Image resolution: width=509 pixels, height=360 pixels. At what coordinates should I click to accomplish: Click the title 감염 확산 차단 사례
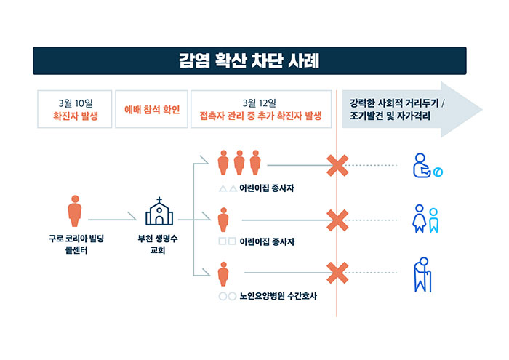pyautogui.click(x=249, y=60)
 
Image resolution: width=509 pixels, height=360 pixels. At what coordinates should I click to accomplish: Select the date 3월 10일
pyautogui.click(x=76, y=103)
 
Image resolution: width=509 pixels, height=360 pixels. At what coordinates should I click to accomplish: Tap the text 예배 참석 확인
pyautogui.click(x=152, y=110)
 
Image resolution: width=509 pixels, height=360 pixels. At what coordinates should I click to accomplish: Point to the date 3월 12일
pyautogui.click(x=260, y=103)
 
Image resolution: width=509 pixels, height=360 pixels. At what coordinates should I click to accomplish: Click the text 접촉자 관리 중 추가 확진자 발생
pyautogui.click(x=260, y=116)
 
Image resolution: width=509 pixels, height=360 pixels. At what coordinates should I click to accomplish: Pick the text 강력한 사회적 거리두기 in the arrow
pyautogui.click(x=394, y=103)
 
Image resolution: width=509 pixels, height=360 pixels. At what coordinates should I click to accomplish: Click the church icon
pyautogui.click(x=159, y=211)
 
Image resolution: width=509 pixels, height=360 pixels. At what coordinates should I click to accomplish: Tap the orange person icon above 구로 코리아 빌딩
pyautogui.click(x=75, y=211)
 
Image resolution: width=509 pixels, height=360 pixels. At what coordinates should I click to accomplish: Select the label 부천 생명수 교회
pyautogui.click(x=158, y=244)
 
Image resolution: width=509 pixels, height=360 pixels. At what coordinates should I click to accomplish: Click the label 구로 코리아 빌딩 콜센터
pyautogui.click(x=76, y=244)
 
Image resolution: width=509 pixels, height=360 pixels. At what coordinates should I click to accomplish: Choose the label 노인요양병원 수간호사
pyautogui.click(x=278, y=296)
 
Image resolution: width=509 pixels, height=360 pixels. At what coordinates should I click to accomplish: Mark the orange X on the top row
pyautogui.click(x=337, y=166)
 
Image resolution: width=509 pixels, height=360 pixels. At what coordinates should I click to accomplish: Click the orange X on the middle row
pyautogui.click(x=337, y=220)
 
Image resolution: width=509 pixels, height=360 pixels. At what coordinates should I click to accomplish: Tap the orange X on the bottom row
pyautogui.click(x=337, y=273)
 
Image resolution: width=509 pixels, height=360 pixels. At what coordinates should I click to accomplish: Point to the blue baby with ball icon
pyautogui.click(x=428, y=166)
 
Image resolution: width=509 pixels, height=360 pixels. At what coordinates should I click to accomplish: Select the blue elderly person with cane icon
pyautogui.click(x=422, y=275)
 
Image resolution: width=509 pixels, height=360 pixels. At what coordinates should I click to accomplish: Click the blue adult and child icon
pyautogui.click(x=425, y=218)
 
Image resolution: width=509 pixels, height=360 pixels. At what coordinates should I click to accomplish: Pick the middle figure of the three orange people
pyautogui.click(x=239, y=162)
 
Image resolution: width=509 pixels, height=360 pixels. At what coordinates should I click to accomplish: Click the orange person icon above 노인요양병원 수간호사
pyautogui.click(x=223, y=274)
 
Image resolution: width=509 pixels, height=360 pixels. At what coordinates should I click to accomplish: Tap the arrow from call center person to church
pyautogui.click(x=112, y=220)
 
